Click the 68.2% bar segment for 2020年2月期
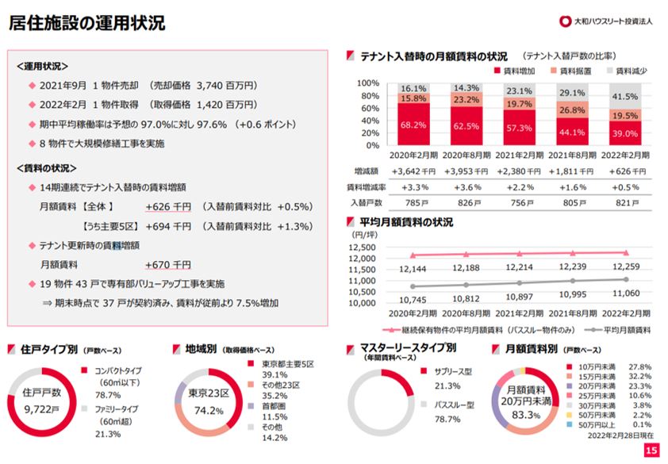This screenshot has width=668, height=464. click(x=415, y=125)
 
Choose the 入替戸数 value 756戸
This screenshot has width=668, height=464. click(x=520, y=202)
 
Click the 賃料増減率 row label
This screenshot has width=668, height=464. click(x=366, y=186)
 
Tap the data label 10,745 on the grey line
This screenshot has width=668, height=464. click(x=414, y=299)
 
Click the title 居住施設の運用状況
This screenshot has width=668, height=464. click(x=86, y=23)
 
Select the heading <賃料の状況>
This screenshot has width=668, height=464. click(x=46, y=167)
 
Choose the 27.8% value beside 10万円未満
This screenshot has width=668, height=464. click(x=639, y=366)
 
